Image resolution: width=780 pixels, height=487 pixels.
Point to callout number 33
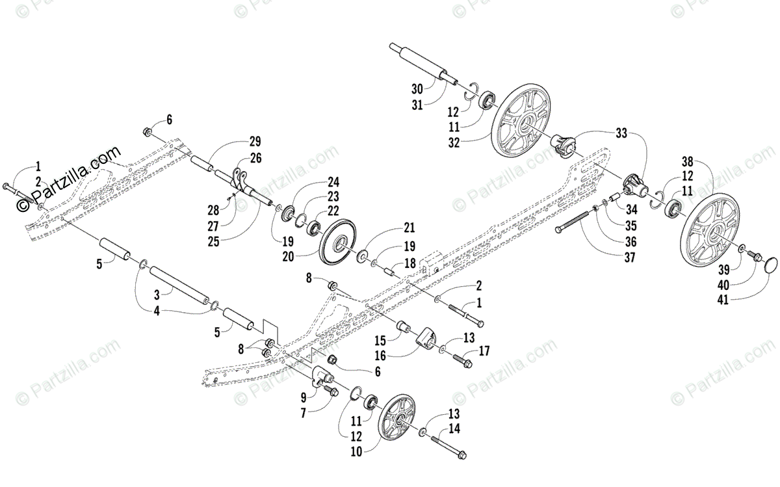[622, 133]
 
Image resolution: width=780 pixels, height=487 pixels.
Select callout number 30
[417, 88]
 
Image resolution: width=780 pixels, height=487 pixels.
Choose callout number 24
[333, 181]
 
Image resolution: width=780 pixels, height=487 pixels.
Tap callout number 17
[484, 351]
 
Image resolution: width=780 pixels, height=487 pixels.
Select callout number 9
[303, 396]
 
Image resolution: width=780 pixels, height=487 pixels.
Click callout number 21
[408, 228]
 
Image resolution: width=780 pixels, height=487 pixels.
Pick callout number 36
[629, 241]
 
